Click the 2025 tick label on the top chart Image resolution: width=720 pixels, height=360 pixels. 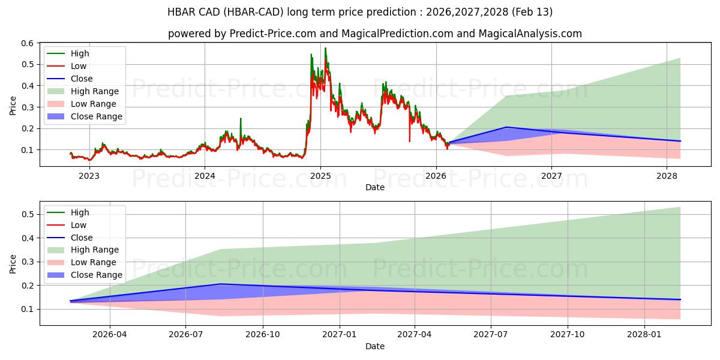(320, 176)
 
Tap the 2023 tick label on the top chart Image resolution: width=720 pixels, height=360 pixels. (89, 176)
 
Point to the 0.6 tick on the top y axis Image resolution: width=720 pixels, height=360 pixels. (28, 43)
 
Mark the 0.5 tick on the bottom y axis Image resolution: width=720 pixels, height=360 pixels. (28, 214)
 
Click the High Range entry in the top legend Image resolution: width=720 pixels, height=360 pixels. (95, 91)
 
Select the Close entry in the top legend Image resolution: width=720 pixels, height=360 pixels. (82, 79)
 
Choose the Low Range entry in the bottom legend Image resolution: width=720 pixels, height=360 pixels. (94, 262)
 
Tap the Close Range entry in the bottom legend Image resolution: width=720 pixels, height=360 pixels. (97, 275)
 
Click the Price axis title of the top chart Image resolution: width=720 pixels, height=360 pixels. (13, 106)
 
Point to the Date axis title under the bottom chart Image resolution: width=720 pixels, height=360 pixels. (375, 346)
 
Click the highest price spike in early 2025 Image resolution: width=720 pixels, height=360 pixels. (325, 48)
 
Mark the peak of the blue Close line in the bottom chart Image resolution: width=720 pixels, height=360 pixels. (221, 284)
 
